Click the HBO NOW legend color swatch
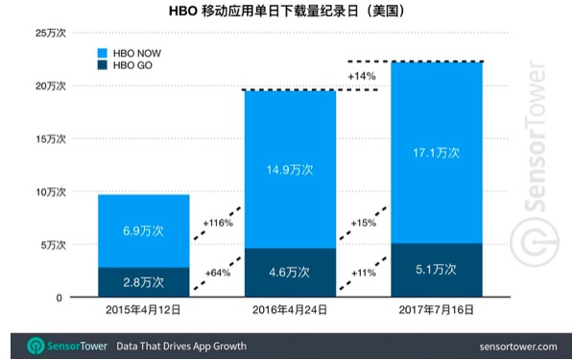tap(103, 53)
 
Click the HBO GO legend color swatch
tap(103, 65)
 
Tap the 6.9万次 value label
tap(143, 231)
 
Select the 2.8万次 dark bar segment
tap(144, 282)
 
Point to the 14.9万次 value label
tap(290, 170)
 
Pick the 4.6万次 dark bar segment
tap(290, 273)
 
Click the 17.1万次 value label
tap(436, 153)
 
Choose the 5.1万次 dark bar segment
tap(437, 270)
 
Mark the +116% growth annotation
tap(218, 223)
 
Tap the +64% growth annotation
tap(218, 273)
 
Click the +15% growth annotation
tap(363, 223)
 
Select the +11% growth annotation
tap(364, 273)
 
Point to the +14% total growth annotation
tap(362, 76)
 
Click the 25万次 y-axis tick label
tap(51, 33)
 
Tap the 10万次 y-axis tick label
tap(51, 192)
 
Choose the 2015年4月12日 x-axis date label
tap(143, 310)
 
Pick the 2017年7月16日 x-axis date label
tap(437, 310)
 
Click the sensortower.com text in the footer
tap(518, 347)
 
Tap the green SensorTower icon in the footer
tap(36, 346)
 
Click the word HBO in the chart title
tap(183, 12)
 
